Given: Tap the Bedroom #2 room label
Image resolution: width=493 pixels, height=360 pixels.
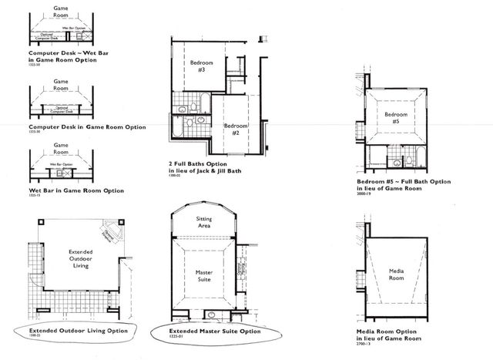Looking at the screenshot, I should click(235, 129).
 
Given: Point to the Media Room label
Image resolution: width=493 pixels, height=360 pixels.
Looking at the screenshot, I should click(395, 274).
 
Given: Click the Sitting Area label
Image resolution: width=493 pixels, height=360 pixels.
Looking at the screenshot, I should click(204, 222).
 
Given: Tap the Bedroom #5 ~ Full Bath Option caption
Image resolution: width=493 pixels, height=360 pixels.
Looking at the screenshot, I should click(405, 183).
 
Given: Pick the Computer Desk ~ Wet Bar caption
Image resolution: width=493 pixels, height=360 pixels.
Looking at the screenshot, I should click(62, 56).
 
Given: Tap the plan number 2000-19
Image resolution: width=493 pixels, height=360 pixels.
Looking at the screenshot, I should click(365, 196).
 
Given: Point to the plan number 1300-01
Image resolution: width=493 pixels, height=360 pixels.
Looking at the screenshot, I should click(174, 178).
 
